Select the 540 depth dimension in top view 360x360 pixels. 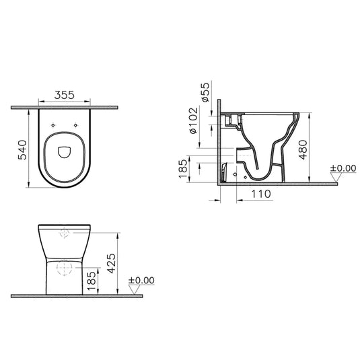tap(22, 149)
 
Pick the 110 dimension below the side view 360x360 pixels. tap(261, 194)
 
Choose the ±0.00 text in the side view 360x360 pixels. tap(343, 169)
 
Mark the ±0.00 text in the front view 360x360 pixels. tap(141, 280)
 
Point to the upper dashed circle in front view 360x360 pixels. tap(65, 233)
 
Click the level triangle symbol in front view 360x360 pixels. tap(133, 290)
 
